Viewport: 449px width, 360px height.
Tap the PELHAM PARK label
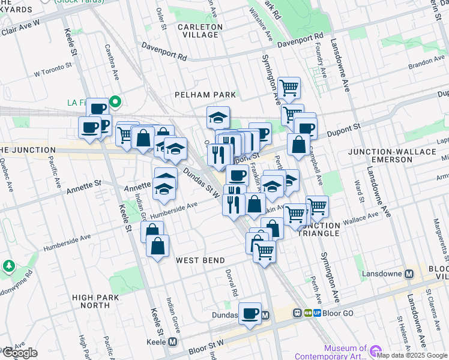[x=205, y=95]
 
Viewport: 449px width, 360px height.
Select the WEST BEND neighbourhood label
[x=200, y=260]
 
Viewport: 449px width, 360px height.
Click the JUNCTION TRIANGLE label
[x=319, y=229]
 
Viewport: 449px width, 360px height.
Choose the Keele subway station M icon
[x=173, y=341]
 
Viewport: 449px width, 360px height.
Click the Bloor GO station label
[x=339, y=313]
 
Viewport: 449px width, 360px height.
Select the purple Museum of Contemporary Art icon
[x=376, y=350]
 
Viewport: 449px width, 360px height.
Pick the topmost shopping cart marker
[x=289, y=88]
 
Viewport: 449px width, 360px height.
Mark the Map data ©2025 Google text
[x=412, y=355]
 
